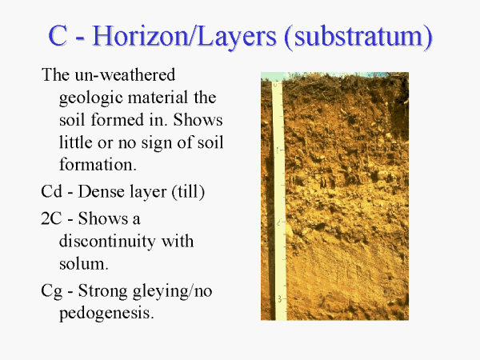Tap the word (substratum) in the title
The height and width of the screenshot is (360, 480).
(358, 38)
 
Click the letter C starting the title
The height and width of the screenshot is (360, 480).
(58, 36)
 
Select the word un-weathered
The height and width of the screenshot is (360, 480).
(125, 74)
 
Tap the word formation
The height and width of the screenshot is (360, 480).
(98, 164)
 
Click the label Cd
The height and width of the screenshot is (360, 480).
(51, 192)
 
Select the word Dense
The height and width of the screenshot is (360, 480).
(101, 192)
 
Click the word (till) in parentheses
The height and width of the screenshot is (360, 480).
(188, 192)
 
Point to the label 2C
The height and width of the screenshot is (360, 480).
(51, 218)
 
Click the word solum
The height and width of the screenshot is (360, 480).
(83, 263)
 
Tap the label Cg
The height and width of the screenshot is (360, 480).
(51, 292)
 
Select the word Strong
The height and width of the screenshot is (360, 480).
(103, 291)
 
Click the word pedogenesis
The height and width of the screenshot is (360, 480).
(106, 314)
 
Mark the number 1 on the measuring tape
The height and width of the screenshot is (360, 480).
(278, 150)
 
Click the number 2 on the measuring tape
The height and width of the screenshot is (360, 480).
(278, 222)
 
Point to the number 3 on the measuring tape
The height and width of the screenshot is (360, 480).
(279, 298)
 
